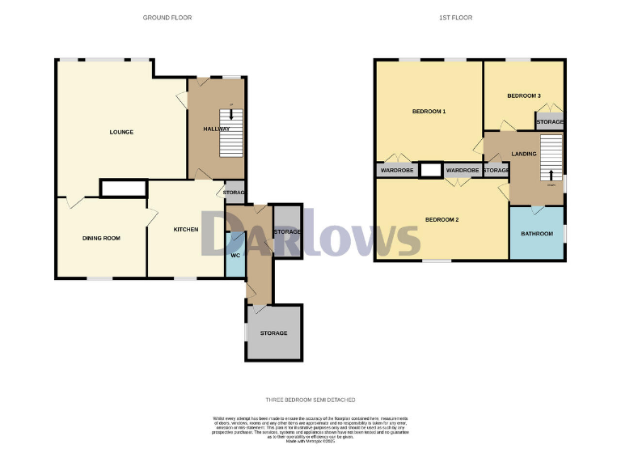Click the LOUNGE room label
pos(121,132)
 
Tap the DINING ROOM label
pos(101,238)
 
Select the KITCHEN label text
pos(186,230)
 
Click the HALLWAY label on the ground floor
pos(216,129)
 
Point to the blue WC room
pos(234,255)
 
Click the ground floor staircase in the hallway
pos(231,133)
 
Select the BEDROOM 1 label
pos(429,111)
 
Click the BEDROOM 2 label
pos(441,219)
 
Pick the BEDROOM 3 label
pos(523,96)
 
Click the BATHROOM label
pos(537,234)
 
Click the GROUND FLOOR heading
pos(167,17)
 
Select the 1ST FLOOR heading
pos(458,17)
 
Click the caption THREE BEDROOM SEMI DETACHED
pos(310,400)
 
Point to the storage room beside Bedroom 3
pos(550,122)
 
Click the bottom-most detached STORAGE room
pos(273,333)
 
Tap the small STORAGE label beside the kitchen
pos(234,193)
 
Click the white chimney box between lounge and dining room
pos(123,188)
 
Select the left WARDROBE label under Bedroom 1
pos(396,171)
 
